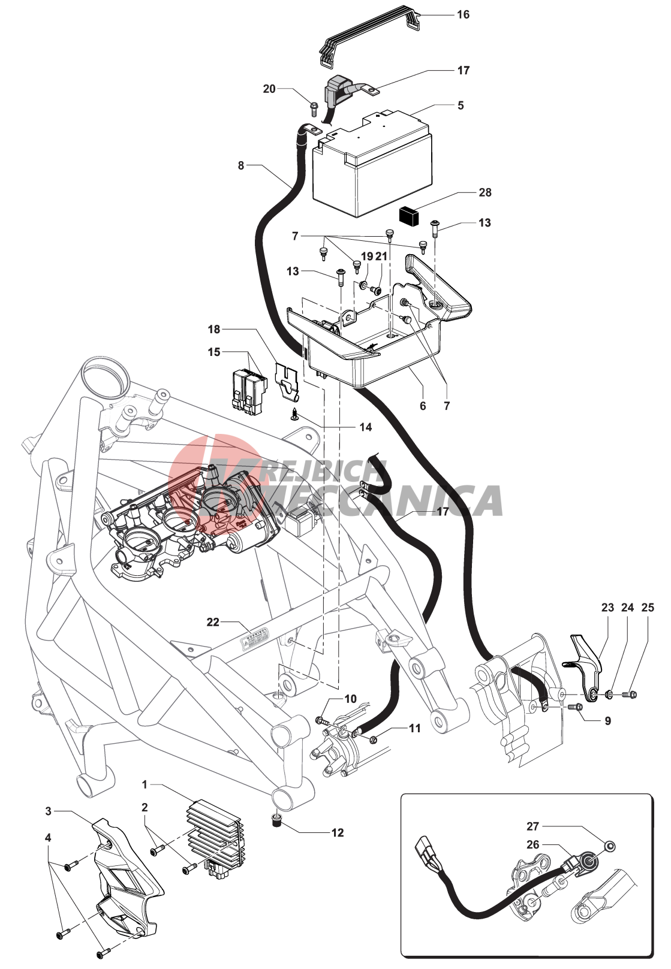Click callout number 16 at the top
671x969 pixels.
click(463, 14)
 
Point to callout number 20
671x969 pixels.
click(269, 89)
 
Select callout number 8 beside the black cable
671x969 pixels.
click(241, 165)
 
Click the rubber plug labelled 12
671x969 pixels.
click(277, 820)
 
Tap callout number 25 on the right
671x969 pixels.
click(648, 607)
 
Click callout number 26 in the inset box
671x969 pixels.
click(533, 844)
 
